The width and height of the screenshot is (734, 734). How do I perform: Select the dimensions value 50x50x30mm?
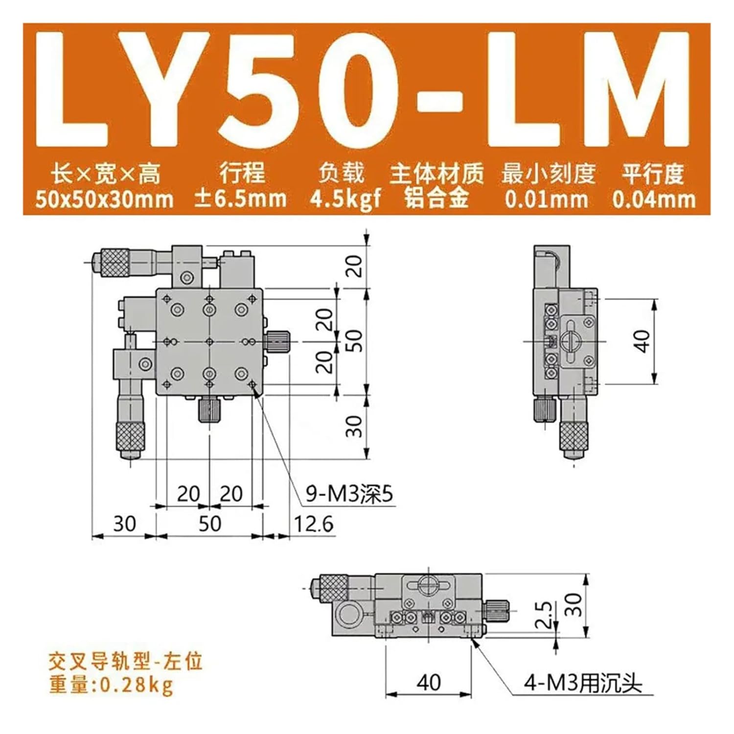104,200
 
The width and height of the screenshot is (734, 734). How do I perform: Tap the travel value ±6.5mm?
240,199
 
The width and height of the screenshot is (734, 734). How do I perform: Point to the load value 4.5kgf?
345,200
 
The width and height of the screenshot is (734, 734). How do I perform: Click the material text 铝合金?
436,199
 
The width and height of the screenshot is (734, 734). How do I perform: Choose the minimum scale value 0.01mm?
547,200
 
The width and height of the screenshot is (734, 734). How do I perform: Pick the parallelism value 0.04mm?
654,200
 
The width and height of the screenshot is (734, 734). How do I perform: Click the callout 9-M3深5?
349,494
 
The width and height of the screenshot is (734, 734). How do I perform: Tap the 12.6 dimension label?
313,524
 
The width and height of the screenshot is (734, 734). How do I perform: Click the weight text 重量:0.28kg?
111,684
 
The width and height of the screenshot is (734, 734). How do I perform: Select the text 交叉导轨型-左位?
125,662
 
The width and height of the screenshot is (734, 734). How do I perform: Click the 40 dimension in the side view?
642,341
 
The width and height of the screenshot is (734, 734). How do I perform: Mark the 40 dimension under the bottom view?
429,682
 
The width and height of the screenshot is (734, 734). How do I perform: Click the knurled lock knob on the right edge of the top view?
278,341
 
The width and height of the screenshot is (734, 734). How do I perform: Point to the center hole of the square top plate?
209,341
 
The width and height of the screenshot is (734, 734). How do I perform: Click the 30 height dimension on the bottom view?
576,605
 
